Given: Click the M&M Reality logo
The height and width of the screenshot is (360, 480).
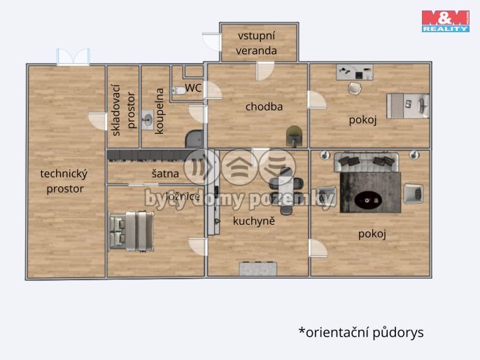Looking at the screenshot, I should pyautogui.click(x=445, y=21).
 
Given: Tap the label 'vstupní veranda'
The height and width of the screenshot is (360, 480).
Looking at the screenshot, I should pyautogui.click(x=257, y=43).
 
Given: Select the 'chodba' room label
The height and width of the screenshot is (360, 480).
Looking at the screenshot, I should pyautogui.click(x=264, y=106).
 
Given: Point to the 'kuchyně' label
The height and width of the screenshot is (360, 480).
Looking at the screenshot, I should pyautogui.click(x=254, y=221).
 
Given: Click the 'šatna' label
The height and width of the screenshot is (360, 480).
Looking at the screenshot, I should pyautogui.click(x=165, y=173).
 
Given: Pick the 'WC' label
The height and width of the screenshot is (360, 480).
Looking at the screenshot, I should pyautogui.click(x=194, y=88).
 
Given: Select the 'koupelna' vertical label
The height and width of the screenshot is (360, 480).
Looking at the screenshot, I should pyautogui.click(x=160, y=111).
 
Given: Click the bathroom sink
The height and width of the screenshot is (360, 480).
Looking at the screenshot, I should pyautogui.click(x=147, y=119).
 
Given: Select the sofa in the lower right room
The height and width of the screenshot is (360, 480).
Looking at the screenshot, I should pyautogui.click(x=367, y=162).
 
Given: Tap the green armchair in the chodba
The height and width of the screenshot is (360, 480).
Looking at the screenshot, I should pyautogui.click(x=295, y=134).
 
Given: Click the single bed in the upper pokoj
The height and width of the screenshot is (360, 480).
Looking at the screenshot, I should pyautogui.click(x=408, y=105).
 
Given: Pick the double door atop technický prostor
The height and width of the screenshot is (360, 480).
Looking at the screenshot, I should pyautogui.click(x=73, y=57).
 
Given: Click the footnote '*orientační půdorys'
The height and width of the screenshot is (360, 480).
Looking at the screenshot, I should pyautogui.click(x=361, y=332).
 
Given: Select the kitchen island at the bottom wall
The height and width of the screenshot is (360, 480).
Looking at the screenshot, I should pyautogui.click(x=257, y=268).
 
